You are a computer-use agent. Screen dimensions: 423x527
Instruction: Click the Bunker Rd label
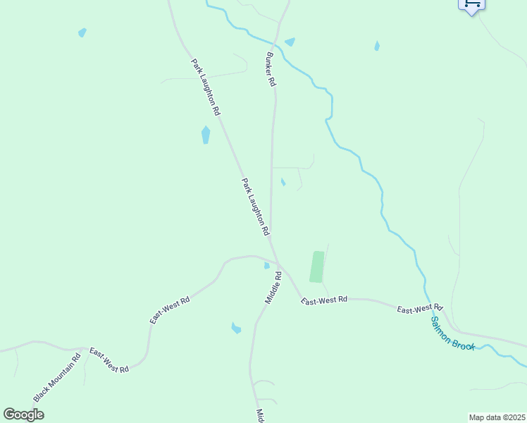click(x=271, y=69)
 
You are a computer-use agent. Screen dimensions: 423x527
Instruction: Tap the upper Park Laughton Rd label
click(x=206, y=87)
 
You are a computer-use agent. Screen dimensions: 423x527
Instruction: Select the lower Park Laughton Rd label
click(x=256, y=207)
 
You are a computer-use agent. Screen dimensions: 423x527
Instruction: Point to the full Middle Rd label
click(x=273, y=288)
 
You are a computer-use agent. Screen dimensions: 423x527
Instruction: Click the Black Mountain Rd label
click(x=57, y=377)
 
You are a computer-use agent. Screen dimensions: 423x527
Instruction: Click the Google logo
click(x=23, y=414)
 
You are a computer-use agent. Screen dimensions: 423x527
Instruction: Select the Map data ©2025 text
click(x=497, y=417)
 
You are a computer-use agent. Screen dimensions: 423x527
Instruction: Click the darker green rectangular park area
click(x=317, y=266)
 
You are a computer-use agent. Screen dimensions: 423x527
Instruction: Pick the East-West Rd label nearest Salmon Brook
click(x=418, y=309)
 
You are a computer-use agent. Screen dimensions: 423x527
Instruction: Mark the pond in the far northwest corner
click(x=82, y=32)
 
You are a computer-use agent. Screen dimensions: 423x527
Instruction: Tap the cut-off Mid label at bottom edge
click(x=260, y=416)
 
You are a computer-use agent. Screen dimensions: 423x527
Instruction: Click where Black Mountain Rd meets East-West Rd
click(x=87, y=348)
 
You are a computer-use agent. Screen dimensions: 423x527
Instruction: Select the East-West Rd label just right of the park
click(x=324, y=300)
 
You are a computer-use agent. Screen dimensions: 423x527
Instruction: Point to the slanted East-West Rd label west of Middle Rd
click(x=170, y=310)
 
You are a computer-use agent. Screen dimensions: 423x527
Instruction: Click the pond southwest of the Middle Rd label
click(x=236, y=328)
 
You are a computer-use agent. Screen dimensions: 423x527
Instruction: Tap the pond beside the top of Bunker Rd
click(x=290, y=42)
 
